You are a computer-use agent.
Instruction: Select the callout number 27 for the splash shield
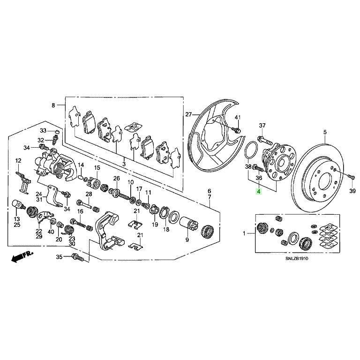coord(189,114)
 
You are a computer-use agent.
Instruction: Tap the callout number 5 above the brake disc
coord(325,132)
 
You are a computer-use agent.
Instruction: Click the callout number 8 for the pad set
coord(53,105)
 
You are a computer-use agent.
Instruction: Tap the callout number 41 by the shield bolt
coord(238,117)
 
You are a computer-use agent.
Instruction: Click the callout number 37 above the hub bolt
coord(262,125)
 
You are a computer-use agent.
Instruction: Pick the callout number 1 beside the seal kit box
coord(244,233)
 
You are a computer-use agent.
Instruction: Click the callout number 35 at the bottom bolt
coord(59,257)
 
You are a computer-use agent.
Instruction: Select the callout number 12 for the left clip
coord(18,161)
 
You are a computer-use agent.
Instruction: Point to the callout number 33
coord(43,130)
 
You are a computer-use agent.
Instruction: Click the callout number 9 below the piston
coord(187,240)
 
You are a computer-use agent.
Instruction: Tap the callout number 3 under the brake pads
coord(124,164)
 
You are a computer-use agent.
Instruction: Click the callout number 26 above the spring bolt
coord(117,178)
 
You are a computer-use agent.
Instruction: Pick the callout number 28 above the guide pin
coord(88,194)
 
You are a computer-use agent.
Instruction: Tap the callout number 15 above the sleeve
coord(97,168)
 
